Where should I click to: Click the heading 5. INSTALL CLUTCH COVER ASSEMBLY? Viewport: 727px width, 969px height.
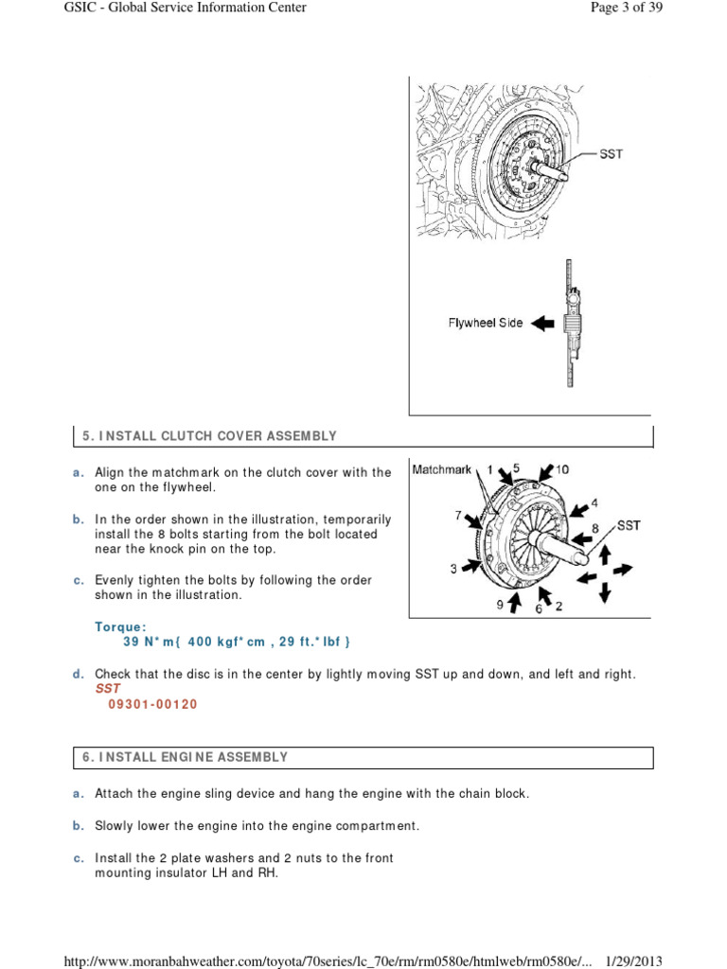click(209, 436)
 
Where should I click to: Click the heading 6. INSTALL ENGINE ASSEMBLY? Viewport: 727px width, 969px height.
click(185, 757)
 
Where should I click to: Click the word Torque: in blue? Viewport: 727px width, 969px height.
click(120, 626)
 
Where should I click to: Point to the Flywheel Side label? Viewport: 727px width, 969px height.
click(485, 323)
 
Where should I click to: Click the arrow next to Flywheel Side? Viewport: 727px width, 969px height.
click(542, 324)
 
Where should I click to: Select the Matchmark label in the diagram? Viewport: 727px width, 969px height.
click(442, 469)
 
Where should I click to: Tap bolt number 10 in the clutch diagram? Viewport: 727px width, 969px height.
click(562, 469)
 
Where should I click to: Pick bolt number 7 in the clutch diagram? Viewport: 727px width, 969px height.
click(458, 516)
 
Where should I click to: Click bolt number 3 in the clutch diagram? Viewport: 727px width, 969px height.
click(453, 568)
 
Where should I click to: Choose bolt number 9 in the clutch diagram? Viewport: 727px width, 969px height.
click(500, 603)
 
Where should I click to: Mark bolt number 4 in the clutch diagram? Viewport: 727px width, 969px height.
click(594, 502)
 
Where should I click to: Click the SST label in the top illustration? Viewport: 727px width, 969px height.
click(612, 154)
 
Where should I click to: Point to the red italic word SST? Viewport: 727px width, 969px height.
click(108, 689)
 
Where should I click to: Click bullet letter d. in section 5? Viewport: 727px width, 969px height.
click(80, 674)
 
